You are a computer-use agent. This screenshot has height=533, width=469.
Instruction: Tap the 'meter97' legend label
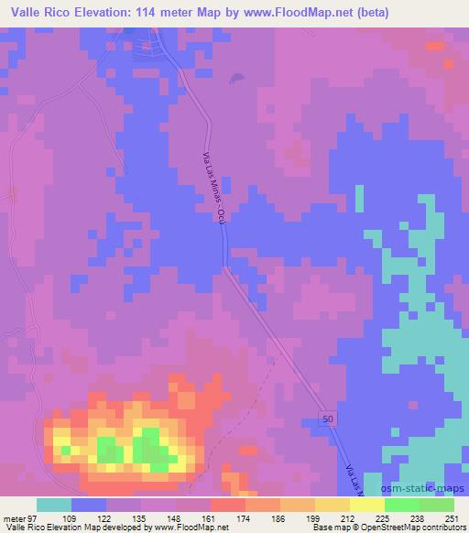tap(19, 517)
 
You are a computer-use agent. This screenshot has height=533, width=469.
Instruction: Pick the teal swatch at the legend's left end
tap(53, 505)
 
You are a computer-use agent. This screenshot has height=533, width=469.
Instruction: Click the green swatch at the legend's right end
tap(436, 505)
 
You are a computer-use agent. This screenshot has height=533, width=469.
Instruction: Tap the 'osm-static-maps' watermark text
tap(429, 490)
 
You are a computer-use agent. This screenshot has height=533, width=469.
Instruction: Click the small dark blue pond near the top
tap(237, 79)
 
